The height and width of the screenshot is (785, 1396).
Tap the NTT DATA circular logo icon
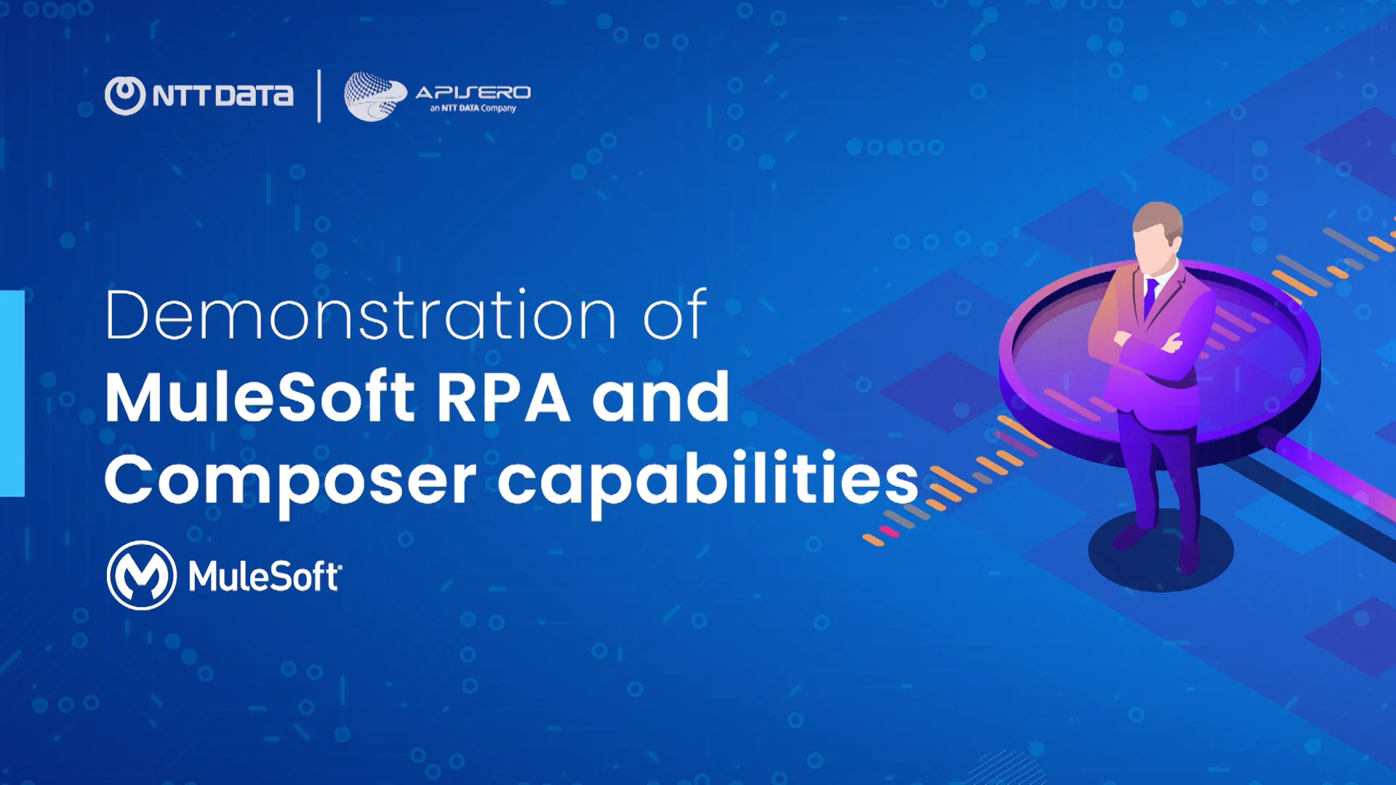[x=125, y=95]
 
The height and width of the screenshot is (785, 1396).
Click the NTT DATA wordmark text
[x=223, y=95]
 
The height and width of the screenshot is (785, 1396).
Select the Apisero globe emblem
[x=374, y=96]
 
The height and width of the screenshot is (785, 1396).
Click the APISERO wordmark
[x=473, y=92]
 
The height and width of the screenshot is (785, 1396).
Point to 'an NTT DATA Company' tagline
[x=473, y=108]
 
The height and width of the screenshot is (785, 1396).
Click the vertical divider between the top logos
[x=319, y=95]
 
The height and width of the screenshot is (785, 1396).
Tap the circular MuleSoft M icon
[x=142, y=575]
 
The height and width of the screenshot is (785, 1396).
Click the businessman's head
[x=1158, y=229]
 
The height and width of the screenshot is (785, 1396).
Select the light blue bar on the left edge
[x=12, y=393]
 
